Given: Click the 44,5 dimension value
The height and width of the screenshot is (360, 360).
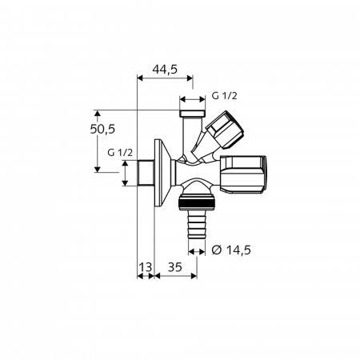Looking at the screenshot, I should (164, 70).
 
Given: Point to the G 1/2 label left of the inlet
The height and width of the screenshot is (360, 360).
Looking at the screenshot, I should (118, 153).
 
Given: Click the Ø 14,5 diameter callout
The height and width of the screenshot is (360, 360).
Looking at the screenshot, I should (232, 250).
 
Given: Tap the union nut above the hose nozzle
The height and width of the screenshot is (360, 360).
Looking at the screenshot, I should (194, 199).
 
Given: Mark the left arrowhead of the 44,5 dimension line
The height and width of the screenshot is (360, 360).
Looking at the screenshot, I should (141, 79).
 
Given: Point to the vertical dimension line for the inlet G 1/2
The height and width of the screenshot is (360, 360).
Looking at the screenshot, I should (126, 173).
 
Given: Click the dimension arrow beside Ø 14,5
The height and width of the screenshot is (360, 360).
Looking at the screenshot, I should (206, 249).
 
